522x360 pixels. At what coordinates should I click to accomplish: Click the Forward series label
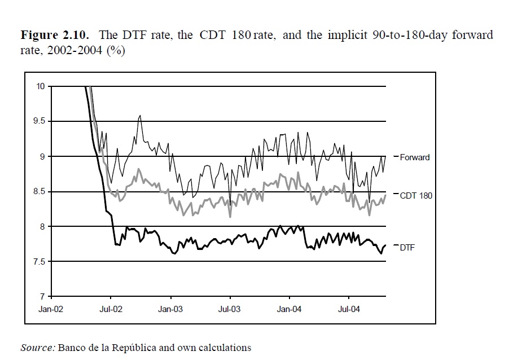415,157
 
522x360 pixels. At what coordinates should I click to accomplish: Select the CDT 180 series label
417,196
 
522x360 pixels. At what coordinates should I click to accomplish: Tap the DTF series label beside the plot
407,247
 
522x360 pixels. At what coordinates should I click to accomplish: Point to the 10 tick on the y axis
41,86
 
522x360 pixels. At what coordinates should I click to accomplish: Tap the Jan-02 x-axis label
51,309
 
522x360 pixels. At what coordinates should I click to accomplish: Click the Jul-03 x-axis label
230,309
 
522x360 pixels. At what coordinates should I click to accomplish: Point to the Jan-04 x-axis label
289,309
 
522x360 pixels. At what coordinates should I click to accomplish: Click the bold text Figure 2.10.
54,35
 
